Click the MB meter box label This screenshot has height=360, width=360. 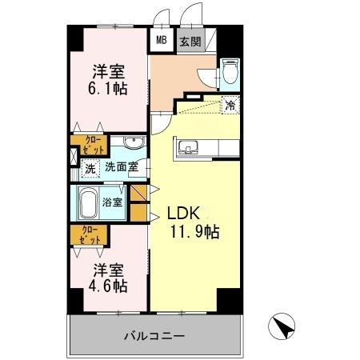pyautogui.click(x=162, y=40)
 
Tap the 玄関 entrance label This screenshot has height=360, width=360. pyautogui.click(x=190, y=40)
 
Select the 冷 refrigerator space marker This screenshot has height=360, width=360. pyautogui.click(x=230, y=104)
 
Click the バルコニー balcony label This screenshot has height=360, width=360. pyautogui.click(x=154, y=337)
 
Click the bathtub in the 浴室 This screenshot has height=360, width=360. pyautogui.click(x=87, y=203)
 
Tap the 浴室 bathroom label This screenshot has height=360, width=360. pyautogui.click(x=113, y=202)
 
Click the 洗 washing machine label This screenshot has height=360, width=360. pyautogui.click(x=90, y=168)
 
